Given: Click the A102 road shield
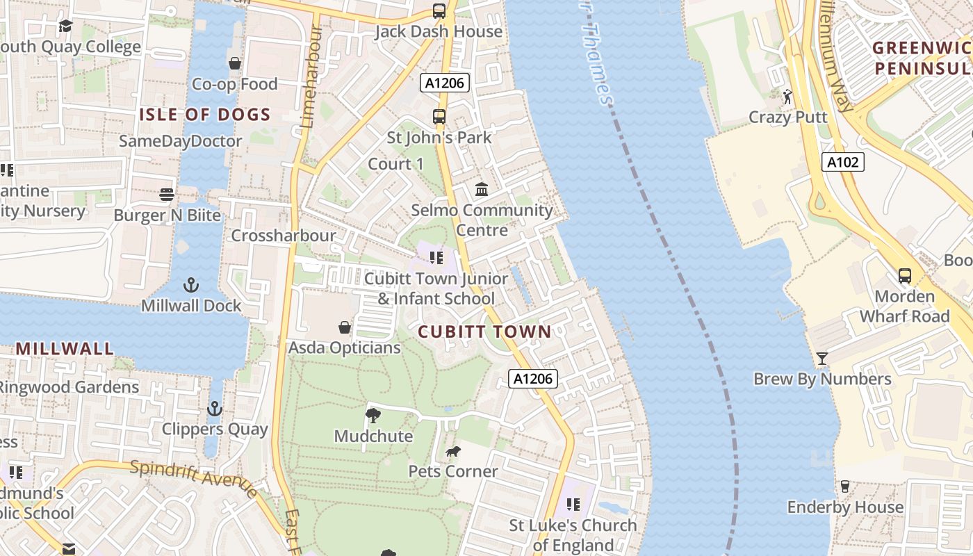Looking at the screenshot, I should tap(843, 163).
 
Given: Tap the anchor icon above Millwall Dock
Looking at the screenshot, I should tap(190, 285).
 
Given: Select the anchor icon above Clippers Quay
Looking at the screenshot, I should tap(215, 409).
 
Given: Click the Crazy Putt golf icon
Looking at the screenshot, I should tap(787, 97).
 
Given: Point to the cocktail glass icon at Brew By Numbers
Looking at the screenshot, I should tap(822, 359).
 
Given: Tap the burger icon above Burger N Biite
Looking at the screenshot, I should tap(167, 195).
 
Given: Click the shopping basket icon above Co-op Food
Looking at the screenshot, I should tap(235, 64).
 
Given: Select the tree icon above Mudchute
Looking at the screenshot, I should tap(373, 416).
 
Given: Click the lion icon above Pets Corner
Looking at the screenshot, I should tap(453, 452).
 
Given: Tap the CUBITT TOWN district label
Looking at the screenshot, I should tap(484, 332).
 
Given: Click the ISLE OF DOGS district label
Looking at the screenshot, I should tap(205, 115).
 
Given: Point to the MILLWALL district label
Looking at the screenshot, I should tap(65, 349).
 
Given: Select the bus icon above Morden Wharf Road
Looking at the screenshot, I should tap(904, 276).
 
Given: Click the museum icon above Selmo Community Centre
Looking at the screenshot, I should tap(482, 189).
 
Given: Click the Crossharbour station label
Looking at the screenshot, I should tap(284, 236).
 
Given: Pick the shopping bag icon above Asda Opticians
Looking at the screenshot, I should tap(345, 327).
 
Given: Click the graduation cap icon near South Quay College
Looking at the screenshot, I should tap(65, 26).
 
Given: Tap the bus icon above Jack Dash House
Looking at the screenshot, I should tap(439, 11).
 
